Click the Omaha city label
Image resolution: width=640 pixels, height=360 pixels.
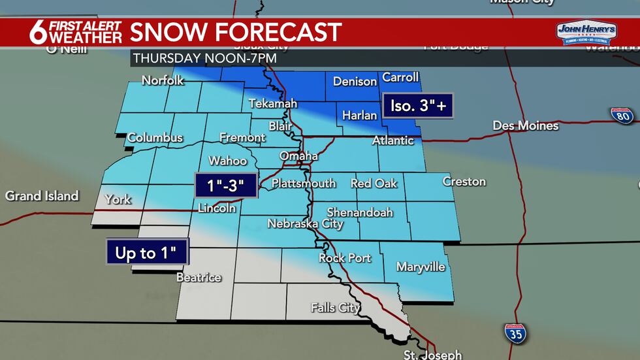coord(298,156)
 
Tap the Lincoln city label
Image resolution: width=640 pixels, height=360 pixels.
coord(217,208)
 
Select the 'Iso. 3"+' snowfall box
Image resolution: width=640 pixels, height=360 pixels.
coord(418,105)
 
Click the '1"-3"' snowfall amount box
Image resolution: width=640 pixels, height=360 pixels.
coord(226,186)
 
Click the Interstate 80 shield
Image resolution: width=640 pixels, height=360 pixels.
coord(622,116)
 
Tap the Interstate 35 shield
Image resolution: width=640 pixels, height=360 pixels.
coord(515,333)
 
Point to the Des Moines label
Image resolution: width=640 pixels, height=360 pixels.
coord(526,125)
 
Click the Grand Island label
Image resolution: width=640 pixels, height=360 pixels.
coord(42,195)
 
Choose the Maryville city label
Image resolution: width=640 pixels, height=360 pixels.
coord(421,267)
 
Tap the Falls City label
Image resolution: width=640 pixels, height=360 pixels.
coord(336,307)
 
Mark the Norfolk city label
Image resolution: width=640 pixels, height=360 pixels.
coord(163,81)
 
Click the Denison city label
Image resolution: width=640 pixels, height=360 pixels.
coord(355,82)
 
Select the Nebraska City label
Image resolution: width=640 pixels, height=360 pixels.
coord(305,224)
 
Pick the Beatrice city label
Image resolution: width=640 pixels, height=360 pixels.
coord(199,277)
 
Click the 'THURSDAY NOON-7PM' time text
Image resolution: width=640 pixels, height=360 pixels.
coord(205,58)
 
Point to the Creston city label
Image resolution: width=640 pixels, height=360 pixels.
coord(464,181)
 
